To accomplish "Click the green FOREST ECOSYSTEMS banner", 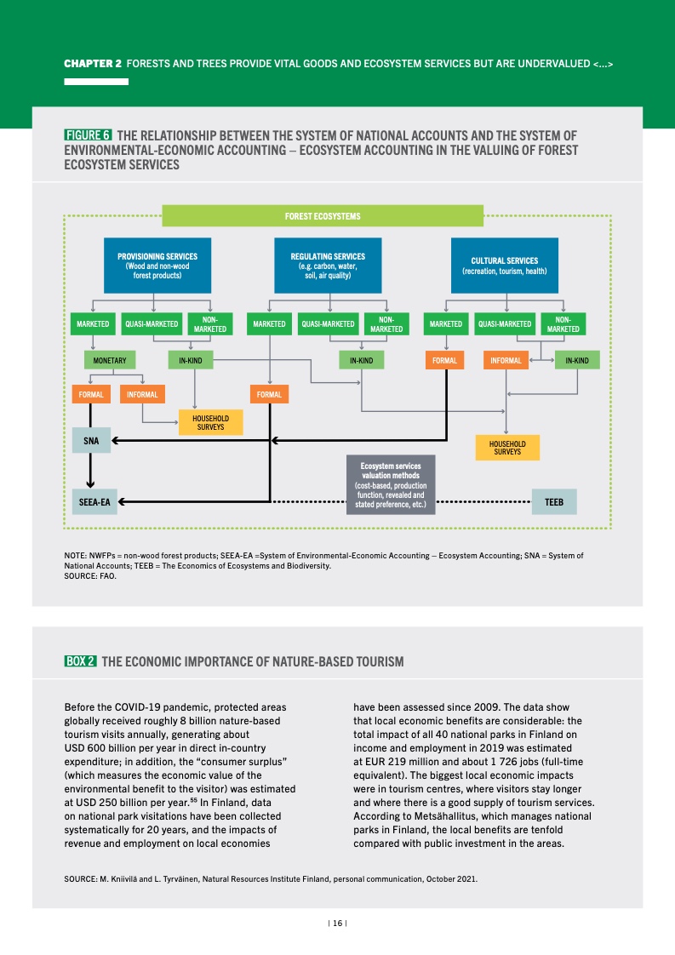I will (x=323, y=216).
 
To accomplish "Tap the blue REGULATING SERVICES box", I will (x=328, y=266).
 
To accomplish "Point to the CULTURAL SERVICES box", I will (x=505, y=266).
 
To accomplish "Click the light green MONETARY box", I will (x=110, y=361).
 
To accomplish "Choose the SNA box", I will (x=90, y=441).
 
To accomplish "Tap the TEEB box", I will (x=554, y=502).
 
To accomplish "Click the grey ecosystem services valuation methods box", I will (x=391, y=485).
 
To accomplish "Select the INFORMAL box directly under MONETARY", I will (x=142, y=395).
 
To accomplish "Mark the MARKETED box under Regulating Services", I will (x=269, y=324).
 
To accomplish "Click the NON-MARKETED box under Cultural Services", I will (x=563, y=324).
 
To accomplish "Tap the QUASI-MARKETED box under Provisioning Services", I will (x=152, y=324).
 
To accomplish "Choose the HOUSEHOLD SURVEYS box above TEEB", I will (x=507, y=448).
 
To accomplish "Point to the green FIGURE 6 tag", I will (x=88, y=135).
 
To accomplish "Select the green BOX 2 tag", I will (x=81, y=661).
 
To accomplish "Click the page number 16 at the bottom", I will (x=337, y=923).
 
